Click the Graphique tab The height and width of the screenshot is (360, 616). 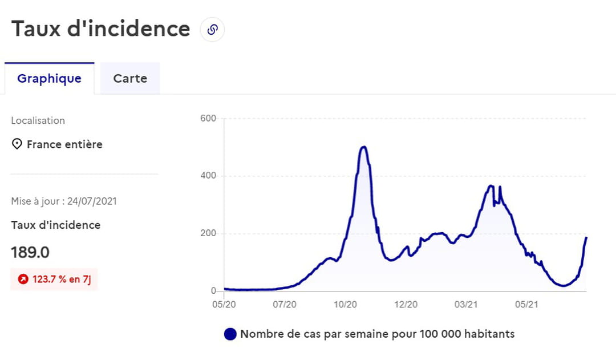pos(49,79)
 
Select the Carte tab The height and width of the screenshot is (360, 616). pos(130,79)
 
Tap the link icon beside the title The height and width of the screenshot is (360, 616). pos(213,30)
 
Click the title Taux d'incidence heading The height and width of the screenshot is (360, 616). pos(101,29)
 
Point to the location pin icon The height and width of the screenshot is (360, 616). pos(17,144)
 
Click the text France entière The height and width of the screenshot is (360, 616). pos(64,144)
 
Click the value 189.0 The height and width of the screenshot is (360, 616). pos(30,252)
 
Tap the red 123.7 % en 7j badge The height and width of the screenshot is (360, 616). pos(54,280)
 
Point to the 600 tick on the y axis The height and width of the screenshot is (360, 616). pos(208,119)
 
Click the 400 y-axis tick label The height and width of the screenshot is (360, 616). pos(208,176)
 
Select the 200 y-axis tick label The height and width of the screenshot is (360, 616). pos(208,233)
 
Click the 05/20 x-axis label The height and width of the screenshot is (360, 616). pos(224,305)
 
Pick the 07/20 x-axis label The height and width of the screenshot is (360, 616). pos(285,305)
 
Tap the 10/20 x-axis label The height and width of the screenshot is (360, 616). pos(345,305)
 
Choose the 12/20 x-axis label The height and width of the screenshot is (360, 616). pos(406,305)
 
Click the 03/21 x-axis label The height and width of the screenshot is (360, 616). pos(466,305)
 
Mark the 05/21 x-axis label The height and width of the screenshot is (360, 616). pos(526,305)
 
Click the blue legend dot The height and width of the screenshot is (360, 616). pos(230,334)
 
